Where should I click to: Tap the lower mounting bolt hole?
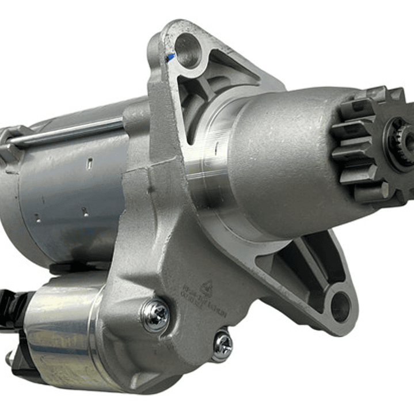(339, 305)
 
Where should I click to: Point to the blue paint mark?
(170, 57)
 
